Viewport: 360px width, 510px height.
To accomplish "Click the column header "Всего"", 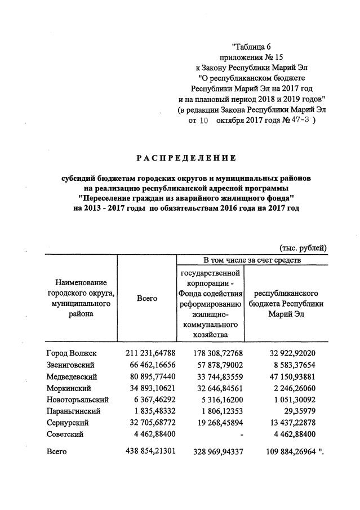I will (147, 298).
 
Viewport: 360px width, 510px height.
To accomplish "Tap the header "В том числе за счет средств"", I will (252, 260).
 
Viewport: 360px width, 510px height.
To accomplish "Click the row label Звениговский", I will (72, 365).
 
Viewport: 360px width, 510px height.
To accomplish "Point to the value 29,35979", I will (303, 411).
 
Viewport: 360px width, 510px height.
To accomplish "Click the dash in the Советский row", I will (241, 434).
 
